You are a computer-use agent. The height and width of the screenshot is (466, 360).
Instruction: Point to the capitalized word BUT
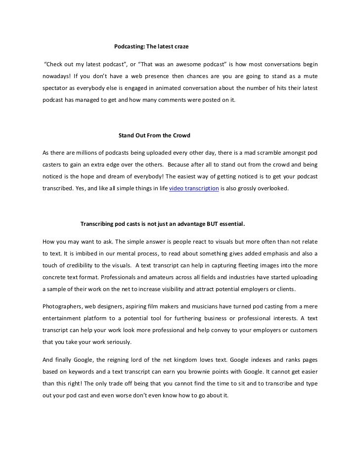point(205,224)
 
